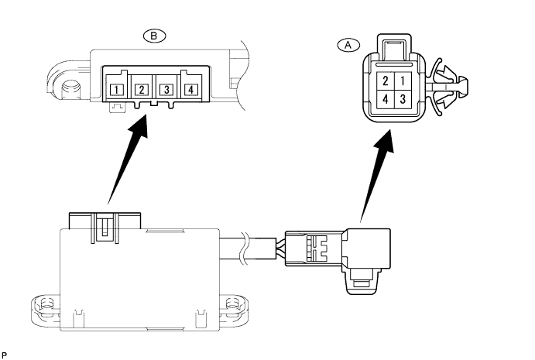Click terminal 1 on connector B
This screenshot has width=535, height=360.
117,90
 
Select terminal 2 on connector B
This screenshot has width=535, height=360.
142,90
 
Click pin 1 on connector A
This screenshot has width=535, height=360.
401,81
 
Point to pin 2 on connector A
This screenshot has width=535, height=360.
385,81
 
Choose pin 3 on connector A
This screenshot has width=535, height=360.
401,98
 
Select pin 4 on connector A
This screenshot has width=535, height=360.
385,98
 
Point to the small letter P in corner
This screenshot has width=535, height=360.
5,353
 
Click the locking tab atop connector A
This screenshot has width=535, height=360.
393,47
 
